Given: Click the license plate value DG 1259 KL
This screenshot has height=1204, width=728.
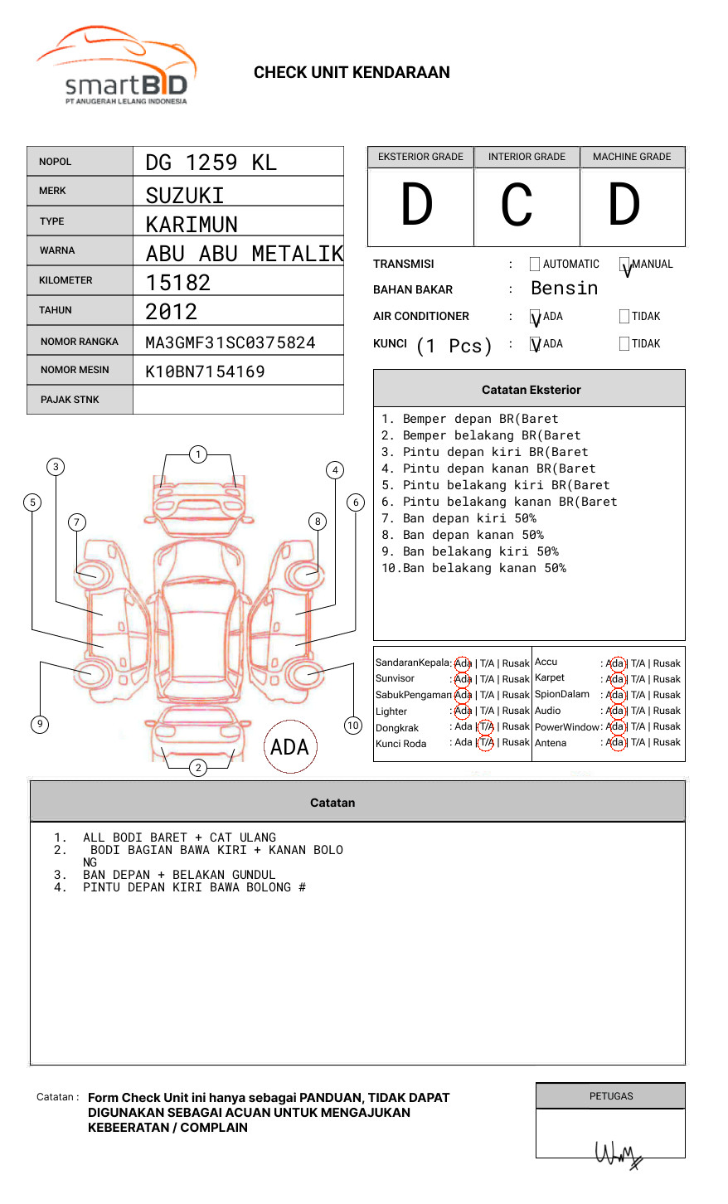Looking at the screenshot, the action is [x=211, y=163].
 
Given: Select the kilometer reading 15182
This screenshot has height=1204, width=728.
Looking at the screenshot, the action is [x=178, y=283].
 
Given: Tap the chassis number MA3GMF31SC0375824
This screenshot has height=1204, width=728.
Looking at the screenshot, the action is [x=231, y=342].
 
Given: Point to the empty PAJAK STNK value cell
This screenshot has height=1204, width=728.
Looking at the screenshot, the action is [x=238, y=400].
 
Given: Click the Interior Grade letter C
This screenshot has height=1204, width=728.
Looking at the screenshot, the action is [x=517, y=204].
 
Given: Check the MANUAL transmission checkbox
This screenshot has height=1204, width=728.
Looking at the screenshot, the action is [x=624, y=264].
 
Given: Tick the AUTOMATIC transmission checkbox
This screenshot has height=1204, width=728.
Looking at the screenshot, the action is [x=535, y=264].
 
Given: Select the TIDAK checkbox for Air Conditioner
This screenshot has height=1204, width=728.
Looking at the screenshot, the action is [x=624, y=316].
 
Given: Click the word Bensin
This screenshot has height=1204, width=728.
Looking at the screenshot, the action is [x=564, y=288].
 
